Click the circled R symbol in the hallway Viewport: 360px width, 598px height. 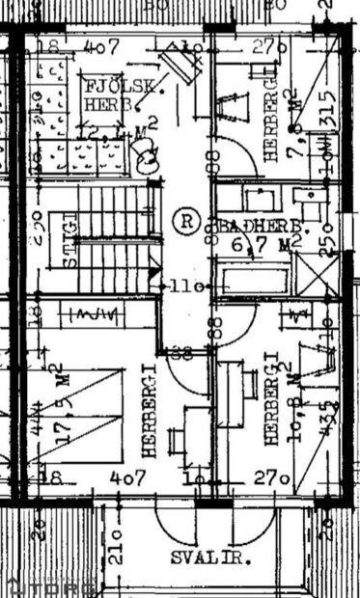(185, 220)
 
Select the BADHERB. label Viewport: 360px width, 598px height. (262, 226)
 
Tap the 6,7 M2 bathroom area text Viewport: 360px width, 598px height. (262, 246)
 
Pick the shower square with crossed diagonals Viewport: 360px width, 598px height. (317, 276)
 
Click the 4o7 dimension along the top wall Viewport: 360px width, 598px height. (100, 45)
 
